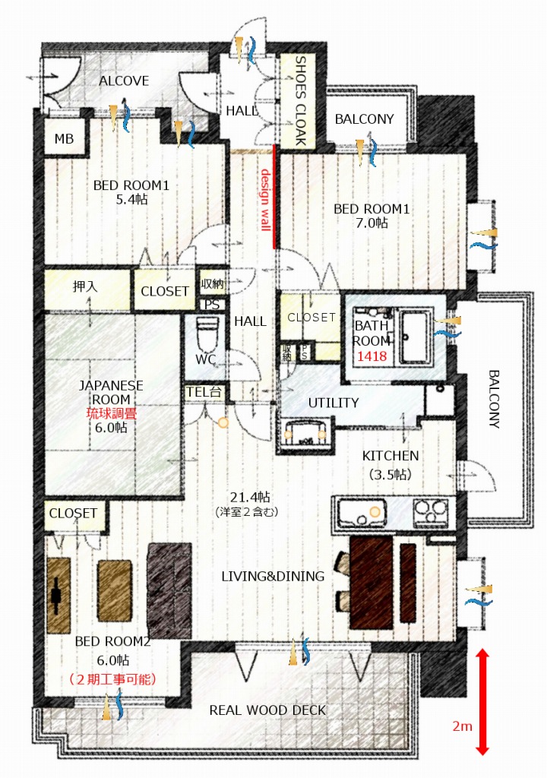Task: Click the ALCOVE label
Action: [124, 81]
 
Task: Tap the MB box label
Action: [64, 139]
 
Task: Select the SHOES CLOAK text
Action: [300, 101]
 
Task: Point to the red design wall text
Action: [265, 200]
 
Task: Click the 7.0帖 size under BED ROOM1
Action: [372, 223]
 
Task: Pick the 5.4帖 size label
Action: [131, 200]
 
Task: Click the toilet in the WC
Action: [207, 334]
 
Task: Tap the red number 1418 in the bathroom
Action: [372, 356]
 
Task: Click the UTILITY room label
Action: [333, 403]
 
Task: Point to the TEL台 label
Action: [204, 392]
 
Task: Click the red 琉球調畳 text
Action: [111, 413]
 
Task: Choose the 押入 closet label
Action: [85, 286]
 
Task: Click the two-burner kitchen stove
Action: [431, 511]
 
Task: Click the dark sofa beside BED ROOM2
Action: [169, 590]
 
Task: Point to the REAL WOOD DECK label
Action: [267, 710]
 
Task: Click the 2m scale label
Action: [462, 726]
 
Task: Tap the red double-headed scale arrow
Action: [482, 701]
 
